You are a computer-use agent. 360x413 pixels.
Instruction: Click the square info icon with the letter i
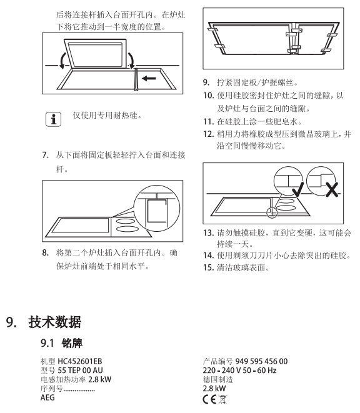[53, 119]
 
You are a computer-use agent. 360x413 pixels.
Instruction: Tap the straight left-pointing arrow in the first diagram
[149, 78]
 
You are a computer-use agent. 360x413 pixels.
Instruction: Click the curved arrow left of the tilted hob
[62, 61]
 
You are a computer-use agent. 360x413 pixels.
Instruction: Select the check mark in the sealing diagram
[298, 189]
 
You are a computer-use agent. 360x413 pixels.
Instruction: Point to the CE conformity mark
[210, 400]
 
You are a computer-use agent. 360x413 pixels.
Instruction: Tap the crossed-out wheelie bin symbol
[222, 400]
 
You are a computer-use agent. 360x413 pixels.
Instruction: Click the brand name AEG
[47, 397]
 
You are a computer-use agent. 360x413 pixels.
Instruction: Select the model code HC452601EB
[80, 361]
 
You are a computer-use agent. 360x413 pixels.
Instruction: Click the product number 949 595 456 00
[261, 361]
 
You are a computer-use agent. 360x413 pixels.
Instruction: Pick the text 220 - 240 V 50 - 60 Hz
[239, 371]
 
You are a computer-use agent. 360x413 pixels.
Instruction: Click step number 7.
[46, 155]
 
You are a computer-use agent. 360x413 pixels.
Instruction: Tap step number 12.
[208, 134]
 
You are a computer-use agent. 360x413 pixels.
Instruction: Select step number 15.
[208, 267]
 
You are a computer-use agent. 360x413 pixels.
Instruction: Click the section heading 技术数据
[55, 322]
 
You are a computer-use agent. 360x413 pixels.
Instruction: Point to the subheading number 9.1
[47, 343]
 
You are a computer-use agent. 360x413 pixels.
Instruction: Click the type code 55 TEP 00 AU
[80, 371]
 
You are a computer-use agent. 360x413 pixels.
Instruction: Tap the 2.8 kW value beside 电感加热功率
[99, 379]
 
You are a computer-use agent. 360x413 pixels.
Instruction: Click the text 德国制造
[218, 379]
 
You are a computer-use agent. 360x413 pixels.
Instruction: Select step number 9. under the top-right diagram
[206, 82]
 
